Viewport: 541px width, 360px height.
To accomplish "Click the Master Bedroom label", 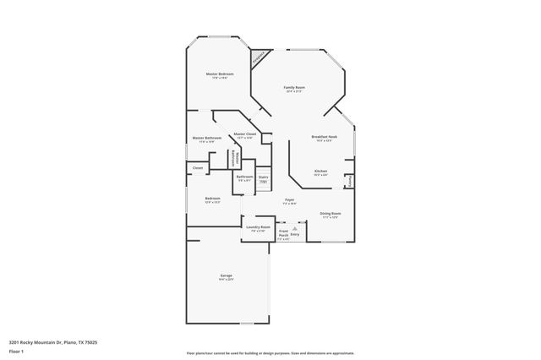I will (x=220, y=74).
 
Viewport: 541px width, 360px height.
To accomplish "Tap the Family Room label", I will (x=294, y=88).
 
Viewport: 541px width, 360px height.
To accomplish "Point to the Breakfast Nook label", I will (x=325, y=137).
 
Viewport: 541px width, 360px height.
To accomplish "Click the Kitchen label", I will (x=320, y=171).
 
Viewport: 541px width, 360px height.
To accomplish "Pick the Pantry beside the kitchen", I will (x=350, y=180).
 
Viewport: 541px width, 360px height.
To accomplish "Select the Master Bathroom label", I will (x=206, y=139).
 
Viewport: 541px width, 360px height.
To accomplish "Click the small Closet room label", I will (x=198, y=168).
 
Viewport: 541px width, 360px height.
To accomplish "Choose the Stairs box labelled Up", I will (x=263, y=179).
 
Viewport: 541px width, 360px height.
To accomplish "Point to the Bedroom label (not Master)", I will (x=212, y=199).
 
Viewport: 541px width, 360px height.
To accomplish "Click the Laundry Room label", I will (x=258, y=227).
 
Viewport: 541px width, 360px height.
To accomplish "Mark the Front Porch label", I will (x=284, y=233).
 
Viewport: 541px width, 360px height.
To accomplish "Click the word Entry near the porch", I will (x=295, y=233).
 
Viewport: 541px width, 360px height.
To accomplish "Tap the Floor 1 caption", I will (x=17, y=351).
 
